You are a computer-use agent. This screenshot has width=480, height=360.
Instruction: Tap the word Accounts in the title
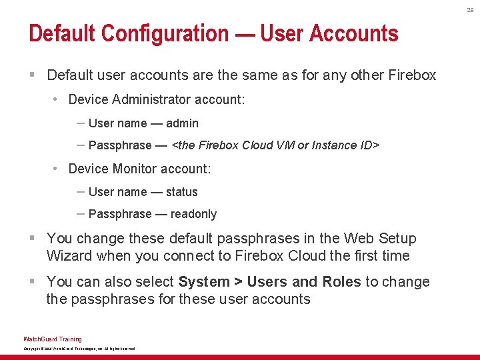[354, 33]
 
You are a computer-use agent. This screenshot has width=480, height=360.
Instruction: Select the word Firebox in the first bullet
[411, 75]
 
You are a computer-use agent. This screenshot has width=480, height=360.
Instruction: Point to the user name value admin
[182, 123]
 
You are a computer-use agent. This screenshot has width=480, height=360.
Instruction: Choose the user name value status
[181, 192]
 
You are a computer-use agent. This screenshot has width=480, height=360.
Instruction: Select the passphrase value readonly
[193, 214]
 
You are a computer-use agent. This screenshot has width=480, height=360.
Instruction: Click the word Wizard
[69, 256]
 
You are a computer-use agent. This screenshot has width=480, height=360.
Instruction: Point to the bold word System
[203, 282]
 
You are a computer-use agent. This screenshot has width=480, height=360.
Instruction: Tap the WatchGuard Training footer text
[53, 339]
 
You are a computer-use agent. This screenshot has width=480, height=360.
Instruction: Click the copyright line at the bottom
[79, 349]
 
